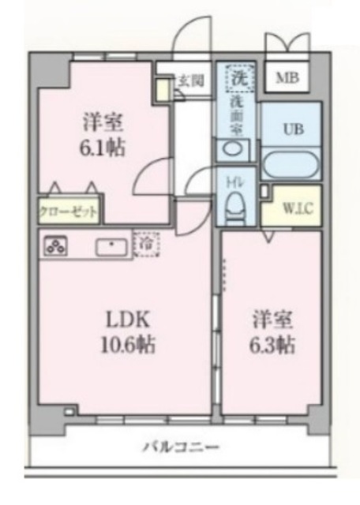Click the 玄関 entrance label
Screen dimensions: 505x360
(x=190, y=80)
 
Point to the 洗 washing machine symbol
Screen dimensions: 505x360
(x=238, y=77)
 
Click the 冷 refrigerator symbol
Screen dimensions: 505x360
(x=146, y=244)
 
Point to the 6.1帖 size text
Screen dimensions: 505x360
(x=105, y=147)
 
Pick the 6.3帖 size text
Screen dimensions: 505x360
(x=273, y=345)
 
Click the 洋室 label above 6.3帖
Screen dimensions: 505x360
(x=273, y=320)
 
